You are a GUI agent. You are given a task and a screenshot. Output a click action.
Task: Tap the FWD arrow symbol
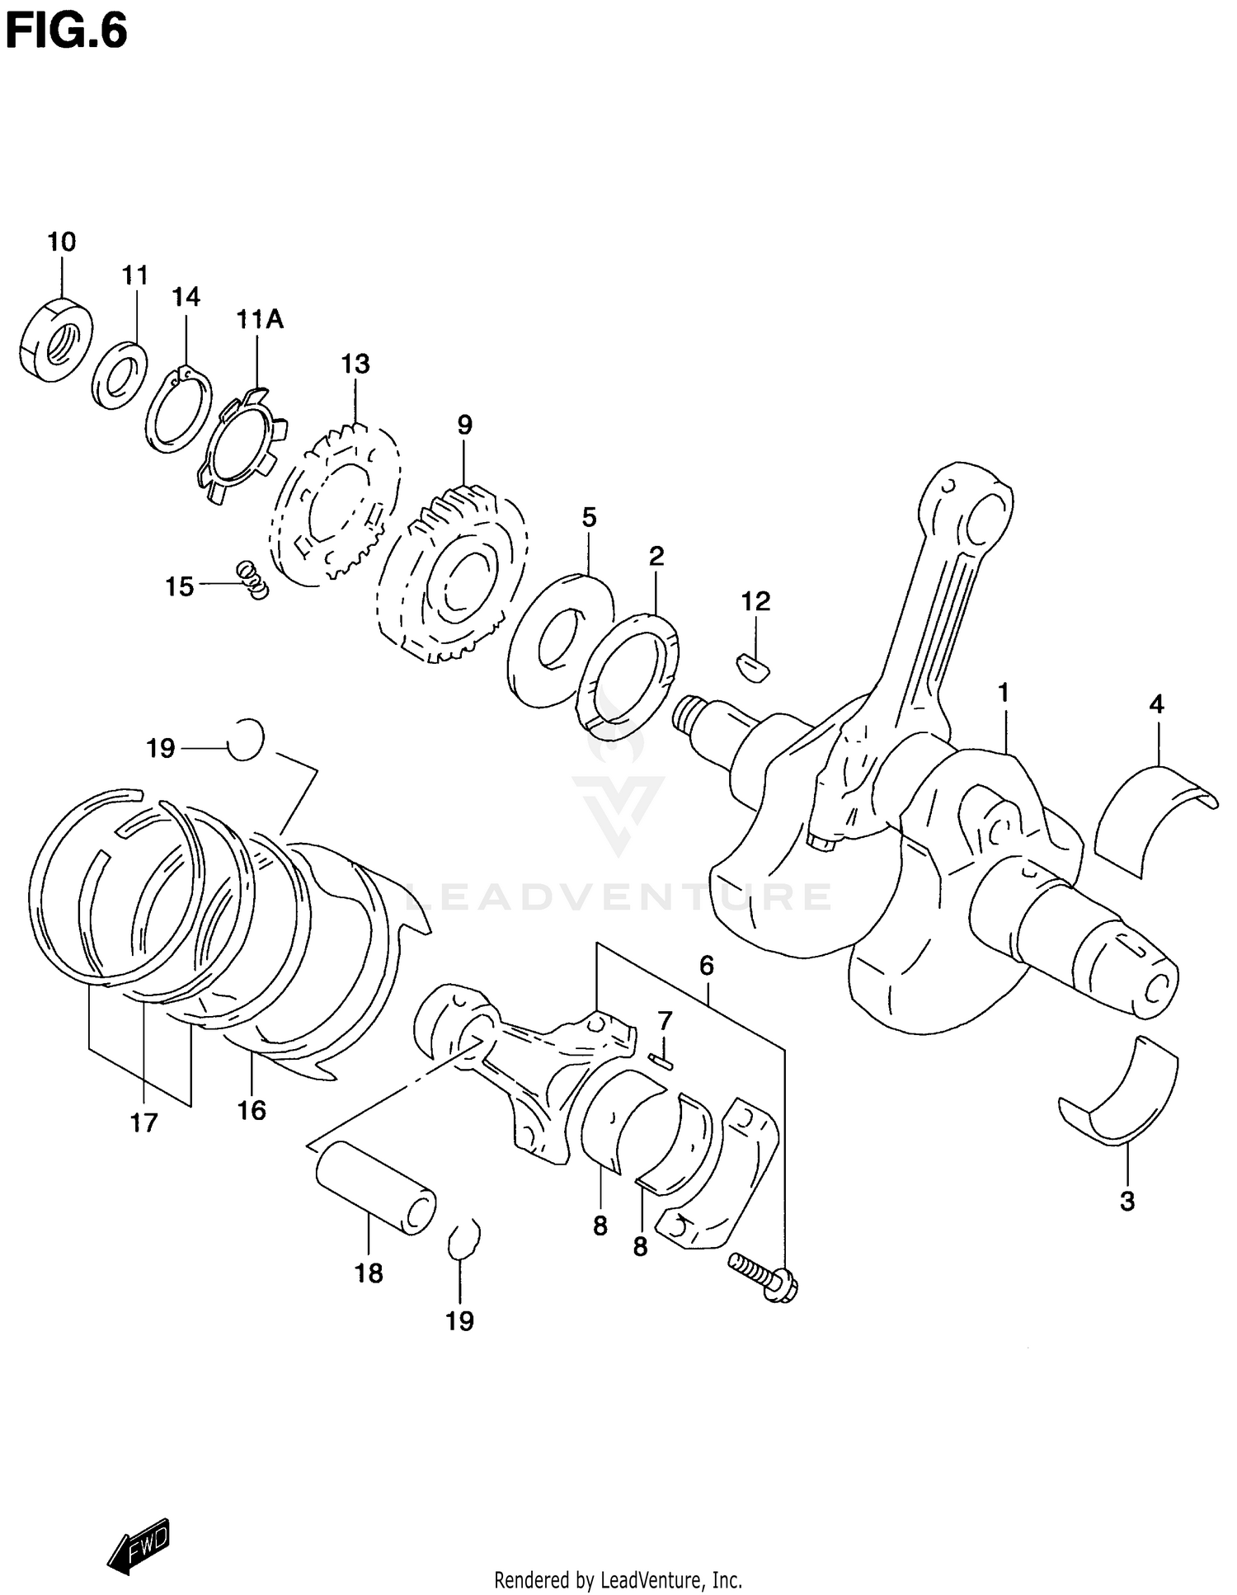click(139, 1545)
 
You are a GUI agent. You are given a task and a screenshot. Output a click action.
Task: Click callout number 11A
click(260, 319)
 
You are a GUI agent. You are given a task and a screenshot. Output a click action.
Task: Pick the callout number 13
click(355, 364)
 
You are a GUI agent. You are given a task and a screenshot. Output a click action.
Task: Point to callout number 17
click(143, 1122)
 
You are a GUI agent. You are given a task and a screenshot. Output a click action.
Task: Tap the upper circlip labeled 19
click(246, 739)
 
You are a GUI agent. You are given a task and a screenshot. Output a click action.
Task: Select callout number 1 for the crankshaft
click(1004, 694)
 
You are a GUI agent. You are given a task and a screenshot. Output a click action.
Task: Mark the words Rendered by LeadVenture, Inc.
click(618, 1580)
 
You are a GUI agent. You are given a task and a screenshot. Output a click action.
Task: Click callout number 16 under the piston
click(252, 1110)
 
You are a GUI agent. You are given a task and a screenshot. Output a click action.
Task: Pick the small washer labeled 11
click(120, 375)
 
